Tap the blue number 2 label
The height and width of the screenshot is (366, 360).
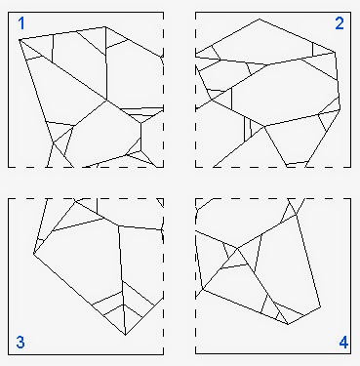(340, 23)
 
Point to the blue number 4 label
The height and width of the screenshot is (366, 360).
(342, 342)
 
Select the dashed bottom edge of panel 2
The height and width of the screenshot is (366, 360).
(273, 167)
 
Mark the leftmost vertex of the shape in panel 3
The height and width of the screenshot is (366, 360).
(32, 257)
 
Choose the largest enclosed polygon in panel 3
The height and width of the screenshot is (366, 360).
(83, 259)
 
